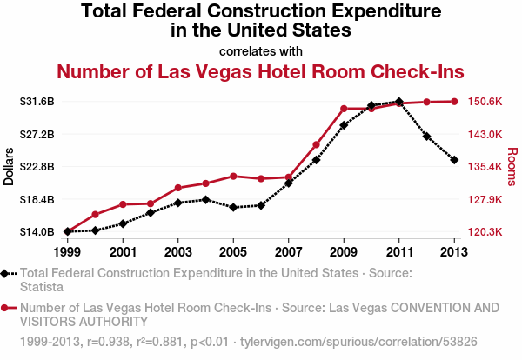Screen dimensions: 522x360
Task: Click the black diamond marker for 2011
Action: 399,102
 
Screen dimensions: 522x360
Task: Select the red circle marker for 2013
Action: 454,102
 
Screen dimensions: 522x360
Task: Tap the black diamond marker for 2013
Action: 454,160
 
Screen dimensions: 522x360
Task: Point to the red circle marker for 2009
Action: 344,109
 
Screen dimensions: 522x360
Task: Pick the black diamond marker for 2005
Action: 233,207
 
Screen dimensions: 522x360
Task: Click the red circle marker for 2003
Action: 178,188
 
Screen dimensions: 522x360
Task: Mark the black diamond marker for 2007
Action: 289,183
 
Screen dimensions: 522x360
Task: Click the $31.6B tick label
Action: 37,102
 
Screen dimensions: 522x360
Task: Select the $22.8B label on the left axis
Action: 37,166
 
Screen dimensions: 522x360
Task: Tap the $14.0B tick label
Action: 37,231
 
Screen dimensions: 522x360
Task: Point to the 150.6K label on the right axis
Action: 485,102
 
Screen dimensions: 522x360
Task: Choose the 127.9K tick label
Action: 485,200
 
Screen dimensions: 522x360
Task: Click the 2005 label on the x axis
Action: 233,252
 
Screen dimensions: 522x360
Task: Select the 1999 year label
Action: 67,252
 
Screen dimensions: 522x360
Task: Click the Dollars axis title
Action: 9,166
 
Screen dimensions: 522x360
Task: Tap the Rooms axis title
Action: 512,166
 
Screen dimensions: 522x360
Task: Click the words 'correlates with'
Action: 261,51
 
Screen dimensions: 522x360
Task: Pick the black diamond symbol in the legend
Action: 4,274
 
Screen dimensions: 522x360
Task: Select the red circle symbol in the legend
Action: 4,308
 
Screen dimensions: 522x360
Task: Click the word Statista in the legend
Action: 42,287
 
